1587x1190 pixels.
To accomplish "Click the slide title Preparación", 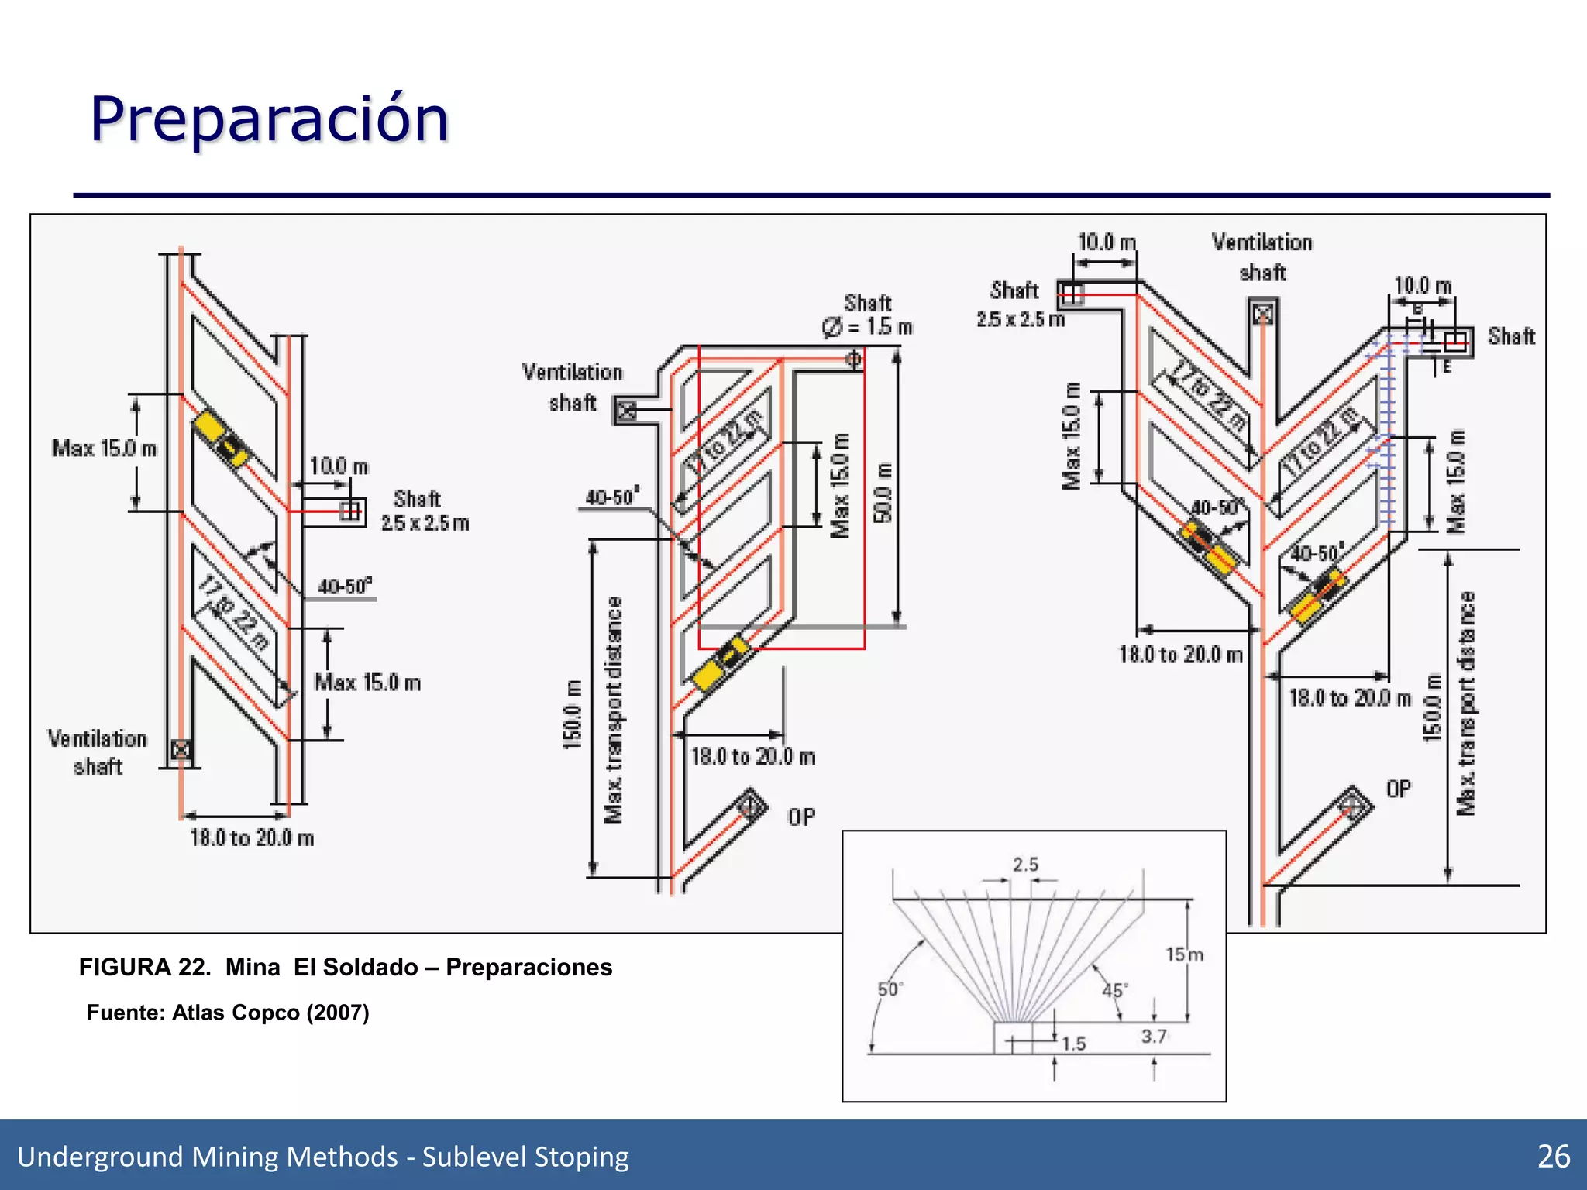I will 269,119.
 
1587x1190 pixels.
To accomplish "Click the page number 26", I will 1553,1157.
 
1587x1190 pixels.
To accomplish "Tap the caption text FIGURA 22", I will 144,968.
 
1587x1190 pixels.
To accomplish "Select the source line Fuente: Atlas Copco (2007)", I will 228,1013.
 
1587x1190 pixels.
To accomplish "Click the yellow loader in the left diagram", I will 220,439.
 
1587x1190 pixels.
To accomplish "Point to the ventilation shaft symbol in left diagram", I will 181,749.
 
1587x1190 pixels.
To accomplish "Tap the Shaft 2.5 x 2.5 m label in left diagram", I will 424,511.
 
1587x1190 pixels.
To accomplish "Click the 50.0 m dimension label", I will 883,493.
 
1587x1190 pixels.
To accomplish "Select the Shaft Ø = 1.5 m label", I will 868,315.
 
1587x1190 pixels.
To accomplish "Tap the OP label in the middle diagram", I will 801,817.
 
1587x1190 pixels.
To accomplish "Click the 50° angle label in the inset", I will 890,989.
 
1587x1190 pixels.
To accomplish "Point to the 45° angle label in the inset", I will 1114,990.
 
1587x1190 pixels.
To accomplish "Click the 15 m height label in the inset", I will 1184,954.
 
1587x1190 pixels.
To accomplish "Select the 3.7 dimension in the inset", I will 1153,1037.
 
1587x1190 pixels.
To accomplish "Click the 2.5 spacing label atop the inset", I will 1025,865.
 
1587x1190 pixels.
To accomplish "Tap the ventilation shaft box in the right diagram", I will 1263,315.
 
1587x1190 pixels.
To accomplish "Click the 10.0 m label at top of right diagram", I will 1107,242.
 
